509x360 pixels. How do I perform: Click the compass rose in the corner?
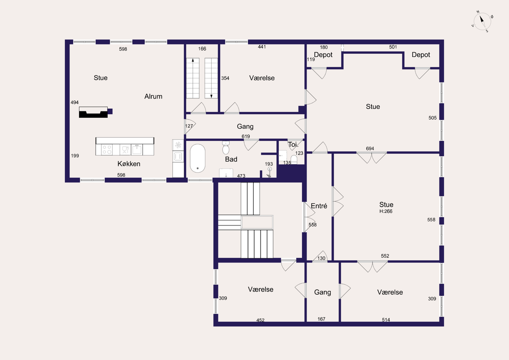tap(482, 21)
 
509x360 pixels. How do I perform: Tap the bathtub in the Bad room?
tap(198, 158)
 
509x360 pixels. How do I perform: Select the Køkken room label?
tap(129, 163)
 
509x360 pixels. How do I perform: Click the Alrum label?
tap(153, 96)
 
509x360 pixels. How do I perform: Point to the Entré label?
tap(319, 206)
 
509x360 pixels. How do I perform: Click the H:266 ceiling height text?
tap(386, 211)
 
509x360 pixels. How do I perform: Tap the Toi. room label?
tap(293, 144)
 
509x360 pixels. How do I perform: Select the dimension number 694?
tap(370, 148)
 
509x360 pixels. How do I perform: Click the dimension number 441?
tap(262, 47)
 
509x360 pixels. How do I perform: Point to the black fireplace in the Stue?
tap(94, 112)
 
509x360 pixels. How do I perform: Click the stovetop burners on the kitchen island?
tap(107, 150)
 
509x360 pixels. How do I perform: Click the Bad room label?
tap(231, 160)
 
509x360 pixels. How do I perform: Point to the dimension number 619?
tap(246, 136)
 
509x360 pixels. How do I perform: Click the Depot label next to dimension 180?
tap(323, 55)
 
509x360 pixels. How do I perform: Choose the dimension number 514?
tap(386, 320)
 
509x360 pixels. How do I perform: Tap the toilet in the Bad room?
tap(226, 147)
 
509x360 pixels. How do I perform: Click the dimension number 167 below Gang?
tap(321, 319)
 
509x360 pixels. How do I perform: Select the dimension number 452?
tap(260, 320)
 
